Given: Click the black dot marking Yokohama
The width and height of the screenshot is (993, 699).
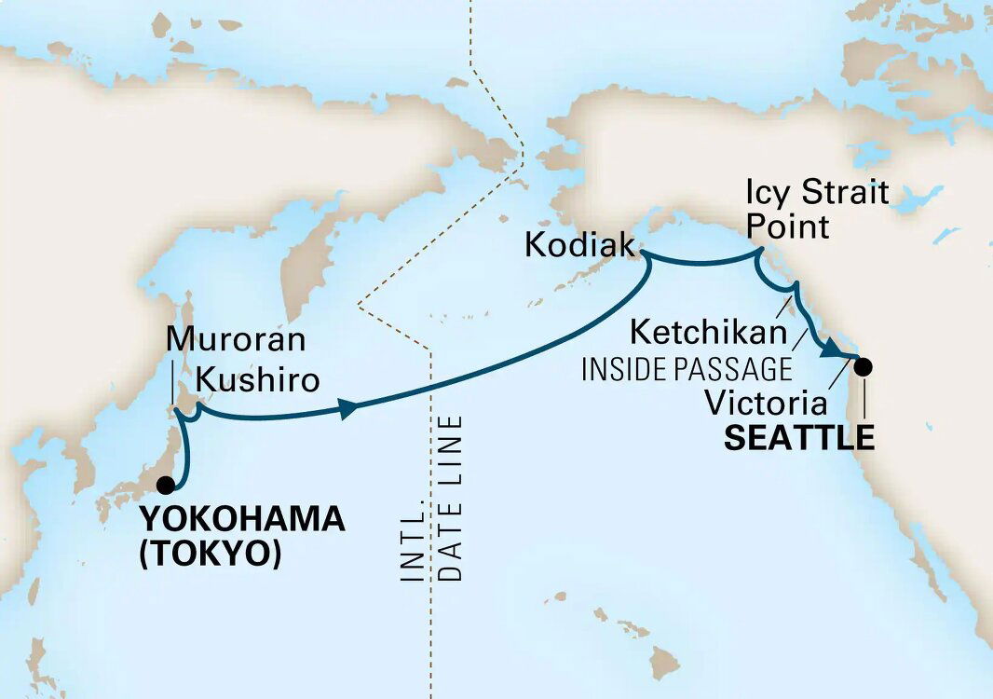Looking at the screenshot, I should [x=166, y=484].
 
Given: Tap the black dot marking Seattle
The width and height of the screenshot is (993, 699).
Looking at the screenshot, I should [x=864, y=366].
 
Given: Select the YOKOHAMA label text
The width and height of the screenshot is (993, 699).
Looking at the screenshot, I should [x=242, y=520].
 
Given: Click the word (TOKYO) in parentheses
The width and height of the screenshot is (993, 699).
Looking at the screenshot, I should [x=210, y=554].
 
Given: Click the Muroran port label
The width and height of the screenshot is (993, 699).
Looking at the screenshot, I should [x=235, y=340].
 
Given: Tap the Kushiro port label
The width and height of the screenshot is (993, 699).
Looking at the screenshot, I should [x=258, y=380].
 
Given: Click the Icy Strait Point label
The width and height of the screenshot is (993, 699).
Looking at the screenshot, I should [x=817, y=210].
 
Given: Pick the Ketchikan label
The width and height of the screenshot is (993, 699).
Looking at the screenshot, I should [x=708, y=330].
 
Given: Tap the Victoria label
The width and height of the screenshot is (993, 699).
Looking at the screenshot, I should [x=766, y=404].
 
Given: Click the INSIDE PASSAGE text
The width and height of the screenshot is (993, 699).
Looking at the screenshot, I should [x=687, y=369].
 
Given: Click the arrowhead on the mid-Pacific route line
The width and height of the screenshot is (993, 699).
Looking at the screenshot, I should [x=349, y=407].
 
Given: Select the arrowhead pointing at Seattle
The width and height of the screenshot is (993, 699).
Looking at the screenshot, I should [x=826, y=350].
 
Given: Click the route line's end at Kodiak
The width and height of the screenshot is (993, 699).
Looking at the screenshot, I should [x=646, y=254].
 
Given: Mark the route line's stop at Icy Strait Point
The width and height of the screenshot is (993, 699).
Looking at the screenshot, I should [x=758, y=254].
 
